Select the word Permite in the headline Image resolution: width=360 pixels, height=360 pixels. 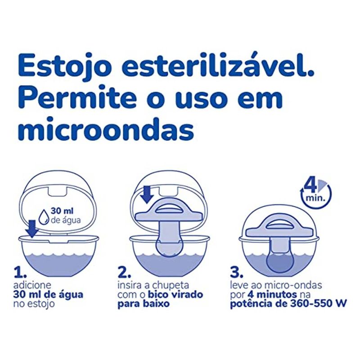pyautogui.click(x=77, y=96)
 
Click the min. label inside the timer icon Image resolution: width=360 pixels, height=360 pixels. pyautogui.click(x=315, y=198)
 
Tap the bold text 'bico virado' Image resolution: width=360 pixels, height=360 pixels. pyautogui.click(x=175, y=294)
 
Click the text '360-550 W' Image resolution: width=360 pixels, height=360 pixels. pyautogui.click(x=319, y=303)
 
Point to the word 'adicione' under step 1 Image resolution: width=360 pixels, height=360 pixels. pyautogui.click(x=32, y=285)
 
